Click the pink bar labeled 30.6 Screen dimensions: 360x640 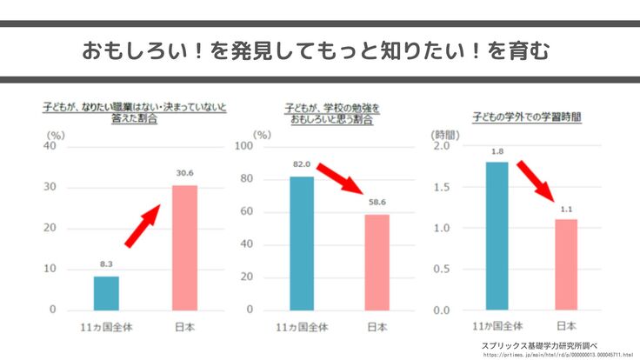184,248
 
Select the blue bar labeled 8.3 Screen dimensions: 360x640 106,293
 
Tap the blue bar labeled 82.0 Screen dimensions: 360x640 302,243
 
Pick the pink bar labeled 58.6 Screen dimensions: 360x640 377,263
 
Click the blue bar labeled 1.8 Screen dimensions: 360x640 497,236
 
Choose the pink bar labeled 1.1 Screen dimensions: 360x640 566,264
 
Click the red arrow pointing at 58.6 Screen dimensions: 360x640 340,179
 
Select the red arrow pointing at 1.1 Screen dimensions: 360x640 536,180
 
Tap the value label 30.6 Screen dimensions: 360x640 184,173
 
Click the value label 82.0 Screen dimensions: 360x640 302,163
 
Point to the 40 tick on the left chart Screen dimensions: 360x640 50,146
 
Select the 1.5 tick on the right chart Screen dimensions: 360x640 441,187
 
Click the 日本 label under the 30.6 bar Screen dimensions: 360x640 184,327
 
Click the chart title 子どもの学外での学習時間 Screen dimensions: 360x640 527,115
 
